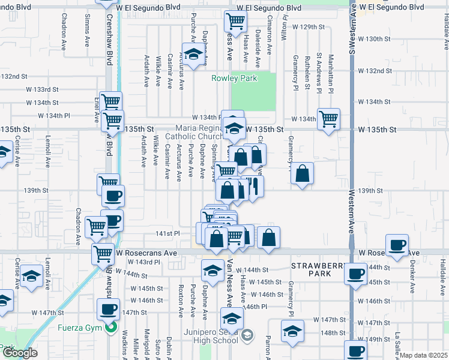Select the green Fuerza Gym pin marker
pyautogui.click(x=110, y=328)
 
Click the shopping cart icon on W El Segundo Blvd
pyautogui.click(x=235, y=22)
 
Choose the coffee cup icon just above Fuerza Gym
pyautogui.click(x=108, y=310)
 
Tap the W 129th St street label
pyautogui.click(x=308, y=28)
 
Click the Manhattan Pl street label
pyautogui.click(x=331, y=73)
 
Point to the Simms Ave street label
pyautogui.click(x=88, y=35)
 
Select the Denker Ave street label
pyautogui.click(x=412, y=280)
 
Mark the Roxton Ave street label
pyautogui.click(x=180, y=298)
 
